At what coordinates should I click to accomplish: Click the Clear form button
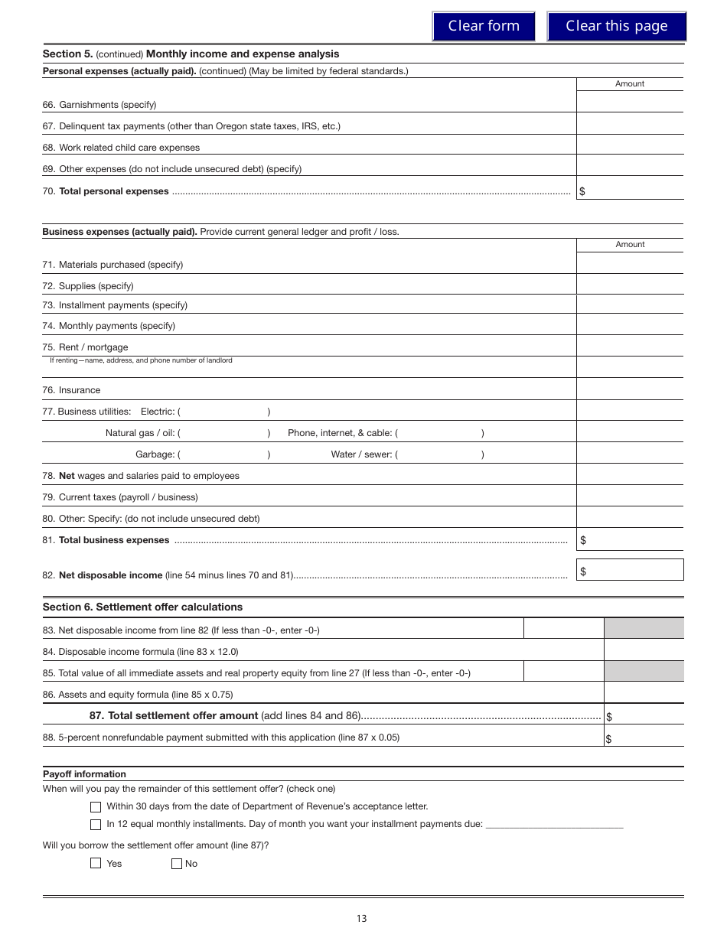click(483, 26)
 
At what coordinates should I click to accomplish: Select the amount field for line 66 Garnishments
click(629, 103)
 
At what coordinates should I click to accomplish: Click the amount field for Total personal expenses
click(634, 190)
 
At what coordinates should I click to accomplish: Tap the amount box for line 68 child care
click(629, 145)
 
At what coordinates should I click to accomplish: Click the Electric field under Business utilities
click(223, 412)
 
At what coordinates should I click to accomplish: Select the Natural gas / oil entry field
click(223, 433)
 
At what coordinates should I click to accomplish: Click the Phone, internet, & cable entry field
click(439, 433)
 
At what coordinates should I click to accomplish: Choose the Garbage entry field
click(223, 454)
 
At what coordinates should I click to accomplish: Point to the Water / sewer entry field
click(439, 454)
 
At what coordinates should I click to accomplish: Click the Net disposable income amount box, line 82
click(634, 571)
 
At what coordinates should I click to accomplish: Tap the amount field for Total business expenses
click(634, 540)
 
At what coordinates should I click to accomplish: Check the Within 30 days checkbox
click(96, 806)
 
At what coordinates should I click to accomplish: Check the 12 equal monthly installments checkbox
click(96, 825)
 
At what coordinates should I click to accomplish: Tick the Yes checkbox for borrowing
click(96, 864)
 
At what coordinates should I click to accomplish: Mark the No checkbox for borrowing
click(177, 864)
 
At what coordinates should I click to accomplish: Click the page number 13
click(361, 919)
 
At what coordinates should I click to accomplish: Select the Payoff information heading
click(84, 774)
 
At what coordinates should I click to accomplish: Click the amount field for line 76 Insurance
click(629, 389)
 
